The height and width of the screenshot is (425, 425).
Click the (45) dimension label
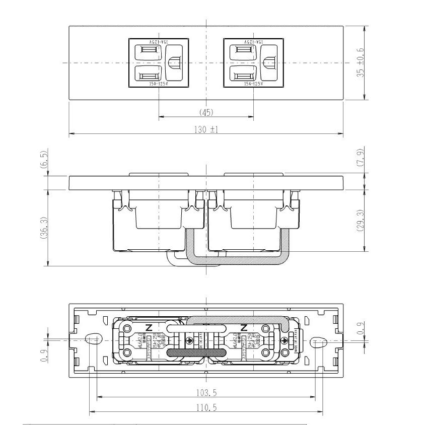[206, 112]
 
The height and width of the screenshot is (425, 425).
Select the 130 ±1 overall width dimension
[206, 129]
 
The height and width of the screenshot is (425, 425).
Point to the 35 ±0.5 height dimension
[360, 63]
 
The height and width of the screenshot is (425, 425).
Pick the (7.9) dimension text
[360, 157]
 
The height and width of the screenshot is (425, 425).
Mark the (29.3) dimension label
[360, 221]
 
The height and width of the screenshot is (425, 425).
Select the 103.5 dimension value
[206, 392]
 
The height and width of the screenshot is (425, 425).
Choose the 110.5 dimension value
[206, 407]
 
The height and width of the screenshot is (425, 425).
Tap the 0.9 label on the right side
[360, 328]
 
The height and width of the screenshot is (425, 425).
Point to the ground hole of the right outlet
[268, 63]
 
